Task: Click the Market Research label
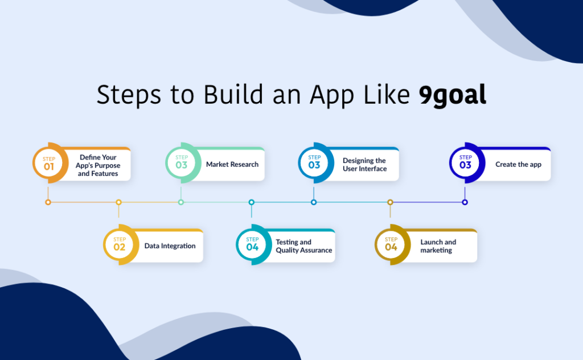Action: [x=232, y=165]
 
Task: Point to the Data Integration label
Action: [x=170, y=246]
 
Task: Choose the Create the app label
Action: [x=518, y=165]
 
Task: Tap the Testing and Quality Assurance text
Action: [x=303, y=246]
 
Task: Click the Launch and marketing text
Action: [x=438, y=246]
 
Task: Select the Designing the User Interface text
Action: [x=364, y=165]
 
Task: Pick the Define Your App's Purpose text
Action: [x=98, y=165]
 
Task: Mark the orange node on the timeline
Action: [x=48, y=202]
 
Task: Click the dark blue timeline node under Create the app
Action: [x=465, y=202]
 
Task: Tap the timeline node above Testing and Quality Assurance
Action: [x=251, y=202]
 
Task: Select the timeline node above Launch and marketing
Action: [x=390, y=202]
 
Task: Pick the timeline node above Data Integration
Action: [x=118, y=202]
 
